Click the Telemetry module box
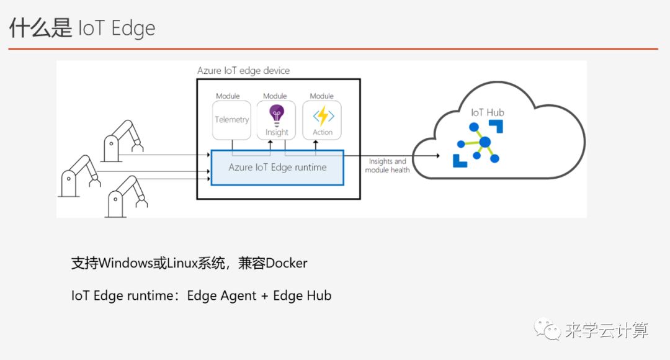click(x=231, y=120)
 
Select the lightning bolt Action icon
click(x=323, y=115)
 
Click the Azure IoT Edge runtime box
click(x=277, y=167)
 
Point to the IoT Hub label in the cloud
click(x=487, y=112)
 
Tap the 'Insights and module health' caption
click(x=387, y=166)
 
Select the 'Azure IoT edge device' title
click(x=243, y=70)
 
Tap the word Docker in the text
click(x=287, y=263)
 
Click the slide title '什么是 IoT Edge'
click(x=82, y=28)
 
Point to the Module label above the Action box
click(x=322, y=96)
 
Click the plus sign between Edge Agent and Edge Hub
click(x=265, y=296)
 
